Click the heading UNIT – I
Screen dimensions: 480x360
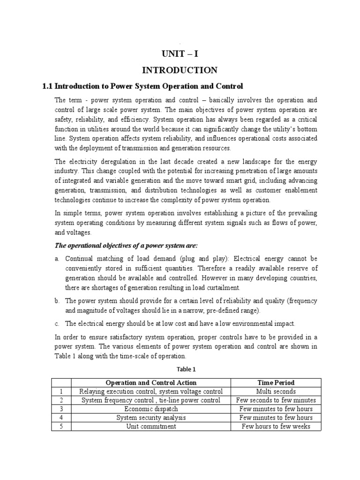click(180, 53)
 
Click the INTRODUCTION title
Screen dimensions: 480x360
click(180, 70)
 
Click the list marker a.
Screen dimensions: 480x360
click(56, 259)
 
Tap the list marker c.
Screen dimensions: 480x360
click(56, 323)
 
